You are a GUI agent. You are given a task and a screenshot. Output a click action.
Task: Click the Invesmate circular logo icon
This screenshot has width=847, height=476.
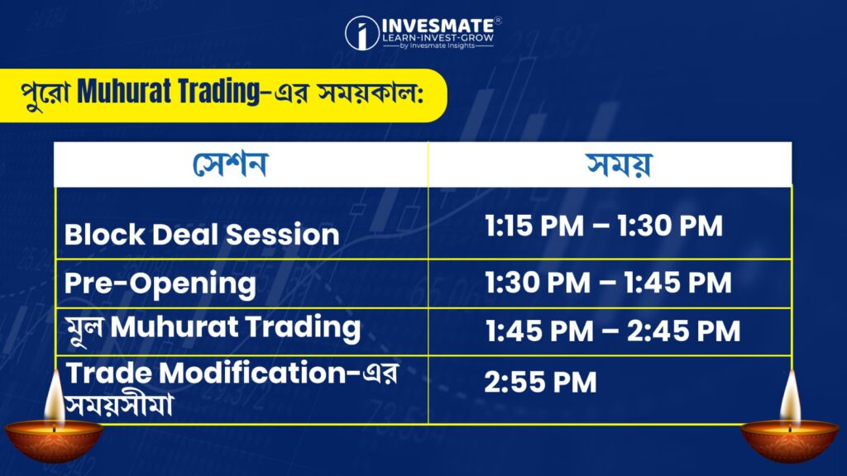[x=361, y=33]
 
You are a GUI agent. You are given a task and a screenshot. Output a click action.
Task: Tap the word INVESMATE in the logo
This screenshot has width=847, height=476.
[x=438, y=26]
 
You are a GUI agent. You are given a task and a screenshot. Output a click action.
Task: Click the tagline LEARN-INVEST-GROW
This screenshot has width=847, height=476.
[x=438, y=38]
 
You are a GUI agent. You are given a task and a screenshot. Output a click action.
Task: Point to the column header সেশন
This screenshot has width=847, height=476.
[x=230, y=164]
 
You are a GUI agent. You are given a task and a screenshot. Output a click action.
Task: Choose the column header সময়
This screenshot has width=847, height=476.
[x=619, y=164]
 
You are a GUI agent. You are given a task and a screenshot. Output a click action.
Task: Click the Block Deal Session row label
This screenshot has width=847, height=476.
[x=202, y=235]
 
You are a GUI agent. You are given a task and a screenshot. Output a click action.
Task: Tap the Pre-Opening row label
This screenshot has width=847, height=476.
[x=160, y=284]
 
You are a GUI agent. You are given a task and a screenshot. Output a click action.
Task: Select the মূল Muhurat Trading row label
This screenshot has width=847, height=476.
[x=213, y=328]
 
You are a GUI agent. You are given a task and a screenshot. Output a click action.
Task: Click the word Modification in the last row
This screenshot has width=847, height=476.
[x=252, y=373]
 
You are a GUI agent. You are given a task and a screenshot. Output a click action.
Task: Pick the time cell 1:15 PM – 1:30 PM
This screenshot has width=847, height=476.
[x=603, y=226]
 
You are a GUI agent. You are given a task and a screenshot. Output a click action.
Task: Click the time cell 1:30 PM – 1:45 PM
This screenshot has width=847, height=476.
[x=608, y=283]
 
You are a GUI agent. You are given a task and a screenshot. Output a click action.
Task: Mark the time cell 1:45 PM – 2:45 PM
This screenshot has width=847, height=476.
[x=613, y=331]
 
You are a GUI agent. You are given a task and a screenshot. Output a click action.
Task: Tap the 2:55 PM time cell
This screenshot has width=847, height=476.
[x=540, y=382]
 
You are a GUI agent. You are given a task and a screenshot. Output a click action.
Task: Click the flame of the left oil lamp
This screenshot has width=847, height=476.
[x=55, y=397]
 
